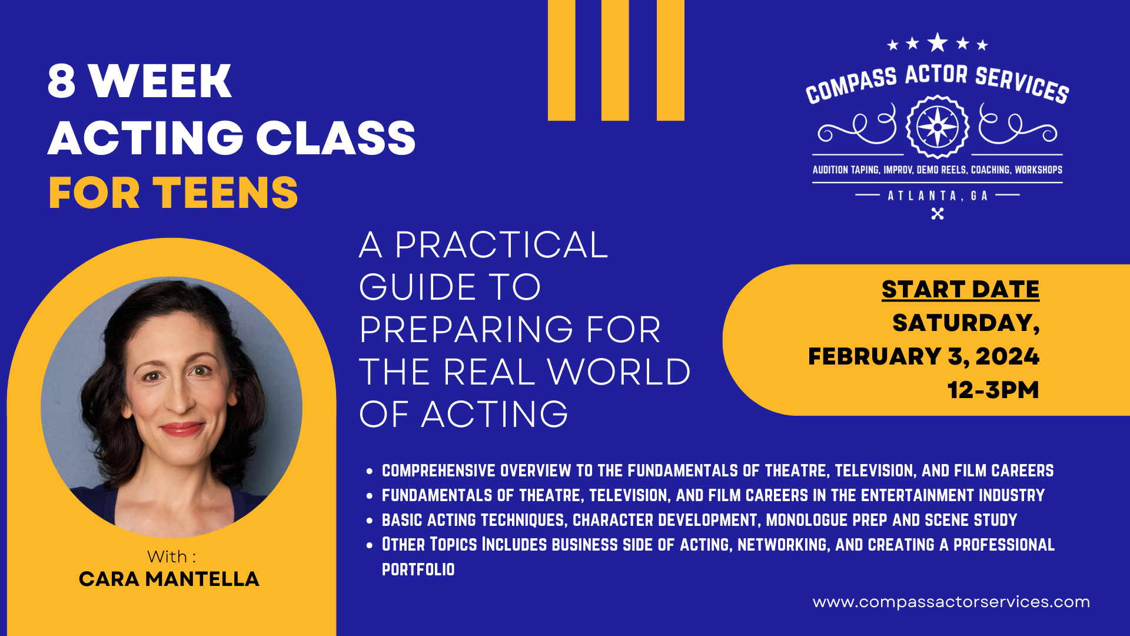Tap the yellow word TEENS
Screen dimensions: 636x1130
tap(225, 193)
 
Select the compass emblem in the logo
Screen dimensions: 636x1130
tap(937, 127)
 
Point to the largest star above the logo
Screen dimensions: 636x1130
tap(938, 42)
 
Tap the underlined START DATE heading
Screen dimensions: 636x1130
tap(960, 289)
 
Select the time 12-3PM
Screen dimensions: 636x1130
tap(993, 390)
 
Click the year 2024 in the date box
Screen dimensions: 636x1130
tap(1008, 356)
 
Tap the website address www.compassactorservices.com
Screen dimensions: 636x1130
tap(951, 602)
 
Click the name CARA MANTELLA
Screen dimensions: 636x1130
tap(169, 579)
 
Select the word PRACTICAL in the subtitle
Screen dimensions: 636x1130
tap(501, 245)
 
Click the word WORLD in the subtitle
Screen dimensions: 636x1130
tap(619, 372)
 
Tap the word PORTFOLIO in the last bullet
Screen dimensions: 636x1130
tap(418, 569)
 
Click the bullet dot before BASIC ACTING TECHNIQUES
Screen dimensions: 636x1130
tap(370, 521)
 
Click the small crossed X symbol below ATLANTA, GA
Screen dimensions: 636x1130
tap(938, 214)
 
